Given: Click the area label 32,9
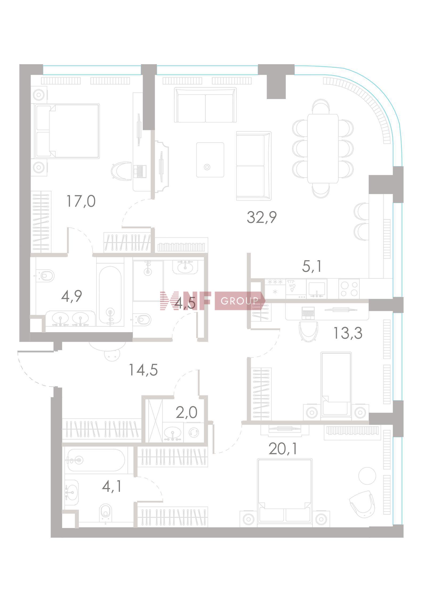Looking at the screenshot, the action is click(x=262, y=217).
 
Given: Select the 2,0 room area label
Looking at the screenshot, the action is click(x=186, y=413).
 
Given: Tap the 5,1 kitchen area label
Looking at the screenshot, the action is click(x=312, y=266).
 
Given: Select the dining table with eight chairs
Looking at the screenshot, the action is click(x=323, y=149).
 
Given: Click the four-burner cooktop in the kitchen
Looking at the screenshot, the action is click(x=349, y=288).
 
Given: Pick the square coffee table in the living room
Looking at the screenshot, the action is click(x=210, y=160).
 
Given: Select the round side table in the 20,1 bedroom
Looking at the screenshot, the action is click(x=367, y=476).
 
